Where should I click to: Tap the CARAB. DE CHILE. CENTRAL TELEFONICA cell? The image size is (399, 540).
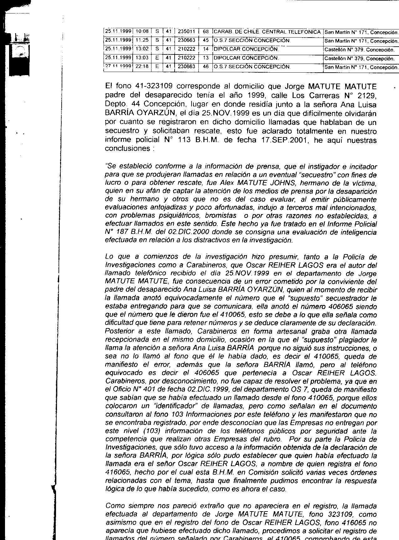(267, 32)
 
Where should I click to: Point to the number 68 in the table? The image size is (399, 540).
(206, 32)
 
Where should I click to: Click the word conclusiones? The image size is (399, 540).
(127, 148)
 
